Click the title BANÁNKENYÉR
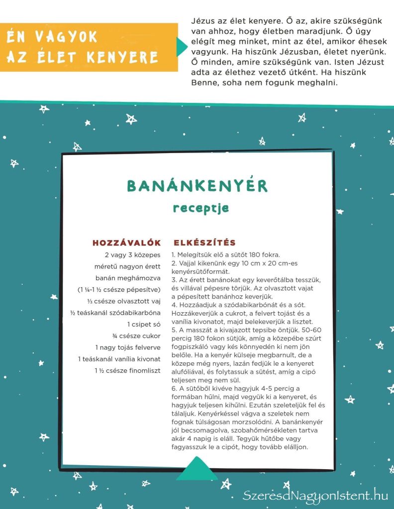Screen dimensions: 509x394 coord(197,186)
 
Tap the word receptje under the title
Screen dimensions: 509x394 coord(200,207)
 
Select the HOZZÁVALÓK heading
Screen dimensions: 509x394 coord(127,243)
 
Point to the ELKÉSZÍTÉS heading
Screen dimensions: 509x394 coord(204,243)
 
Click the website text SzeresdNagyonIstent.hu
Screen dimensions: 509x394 coord(315,495)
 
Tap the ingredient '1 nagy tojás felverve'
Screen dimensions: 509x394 coord(128,347)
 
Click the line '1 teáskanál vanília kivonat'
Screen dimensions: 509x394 coord(119,359)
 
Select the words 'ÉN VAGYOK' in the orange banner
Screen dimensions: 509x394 coord(52,38)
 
